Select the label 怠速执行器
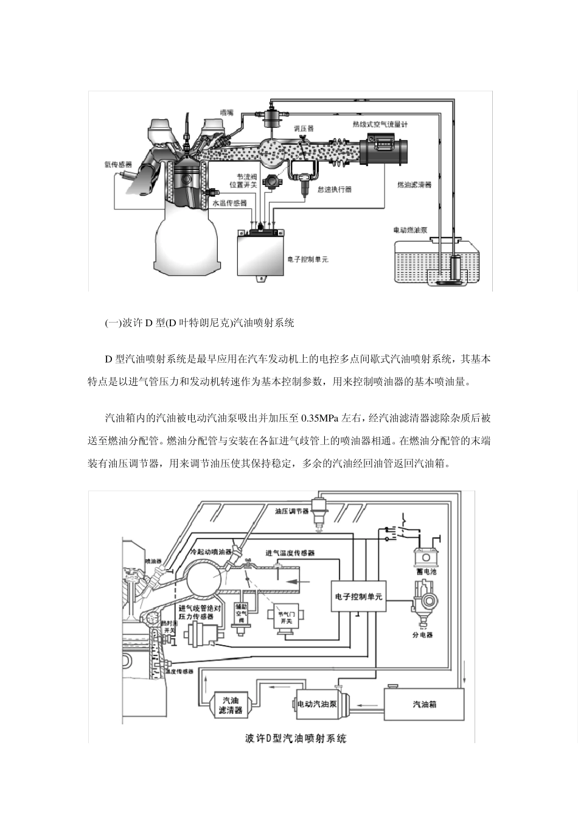334,190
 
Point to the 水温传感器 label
229,203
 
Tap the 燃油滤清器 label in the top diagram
414,184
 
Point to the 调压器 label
304,128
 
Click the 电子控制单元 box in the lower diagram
358,596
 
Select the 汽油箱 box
424,704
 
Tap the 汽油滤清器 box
230,705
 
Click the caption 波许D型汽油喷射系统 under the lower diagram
296,738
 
